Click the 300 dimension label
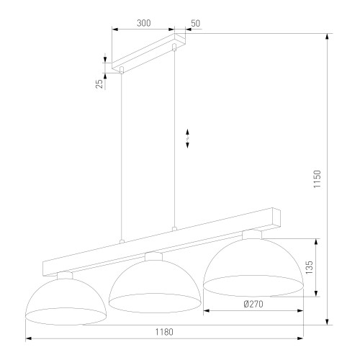point(143,23)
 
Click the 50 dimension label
point(195,23)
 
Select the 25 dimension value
point(99,83)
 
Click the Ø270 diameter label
point(253,305)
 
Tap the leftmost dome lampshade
point(66,299)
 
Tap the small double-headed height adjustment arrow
point(188,139)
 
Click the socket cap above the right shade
point(251,234)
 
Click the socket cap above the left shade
point(66,274)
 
